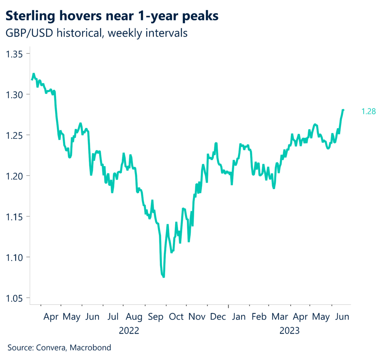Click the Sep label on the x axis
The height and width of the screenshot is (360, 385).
click(156, 317)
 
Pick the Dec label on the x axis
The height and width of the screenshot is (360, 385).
click(218, 317)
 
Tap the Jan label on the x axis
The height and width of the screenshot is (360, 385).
click(239, 317)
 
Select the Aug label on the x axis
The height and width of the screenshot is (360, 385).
click(134, 317)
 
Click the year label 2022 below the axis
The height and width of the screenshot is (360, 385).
click(129, 331)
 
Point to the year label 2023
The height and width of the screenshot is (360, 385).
click(289, 331)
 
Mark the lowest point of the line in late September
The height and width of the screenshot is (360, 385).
click(164, 277)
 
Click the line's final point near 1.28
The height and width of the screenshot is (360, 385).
click(343, 110)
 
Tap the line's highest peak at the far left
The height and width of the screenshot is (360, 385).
click(33, 74)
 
